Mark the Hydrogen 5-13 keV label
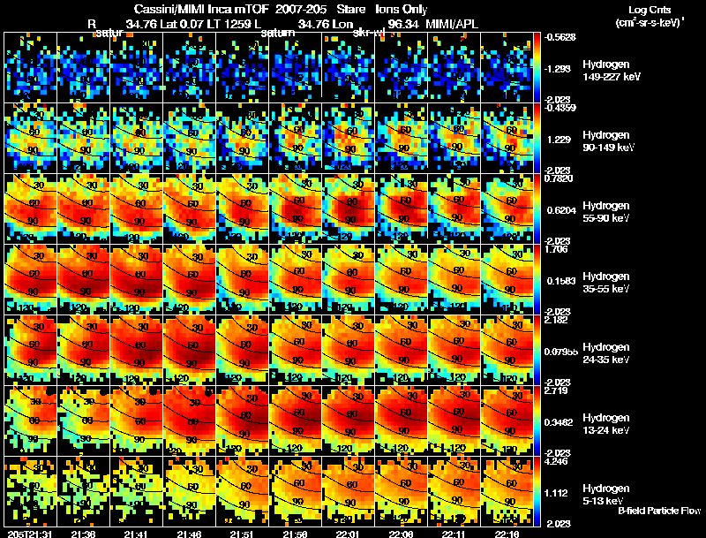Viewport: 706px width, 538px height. tap(605, 494)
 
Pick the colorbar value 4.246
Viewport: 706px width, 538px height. tap(559, 459)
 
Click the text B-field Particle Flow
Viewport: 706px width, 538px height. tap(658, 511)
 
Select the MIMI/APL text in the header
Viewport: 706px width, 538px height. tap(452, 24)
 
